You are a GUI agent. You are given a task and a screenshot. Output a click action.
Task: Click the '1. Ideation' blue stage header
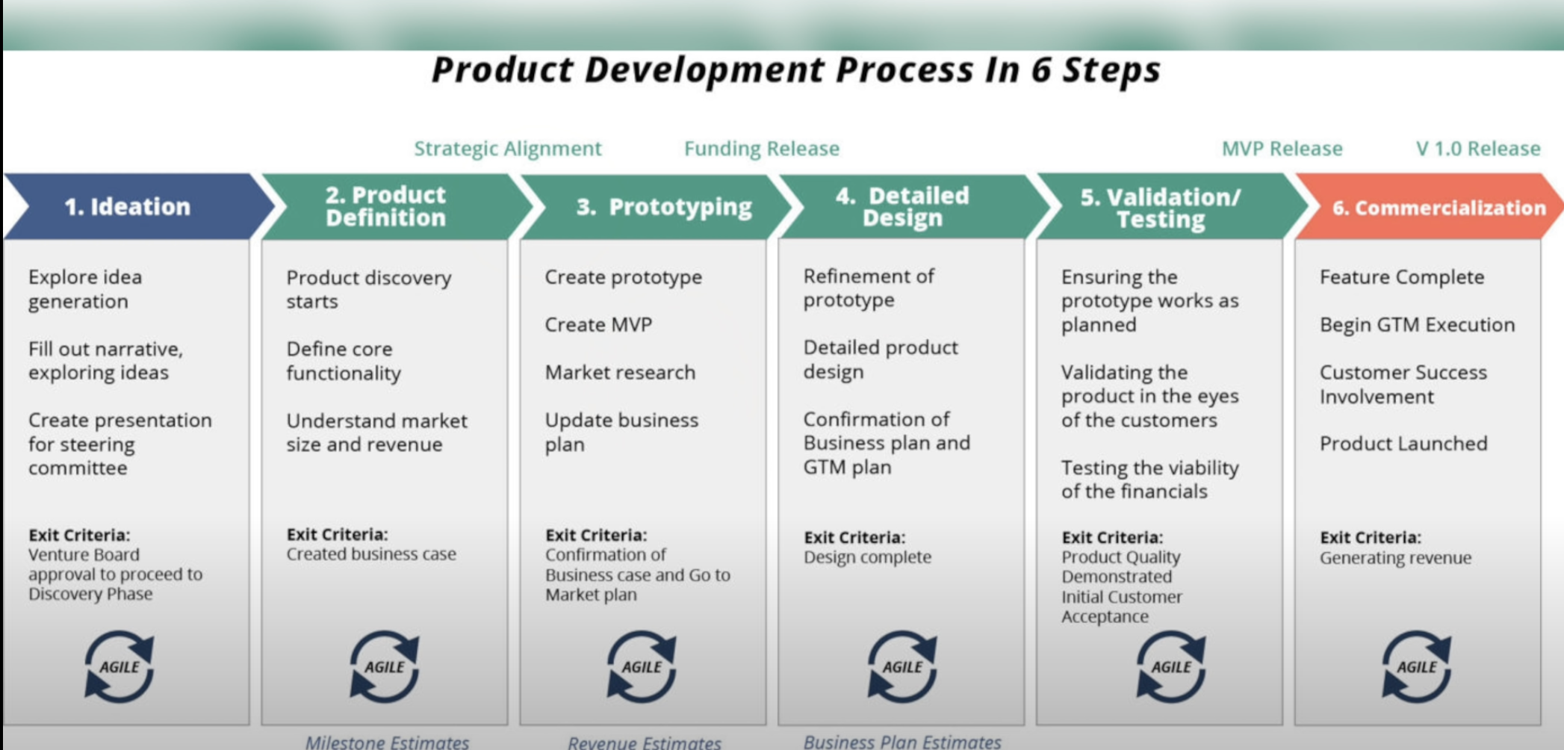[x=127, y=207]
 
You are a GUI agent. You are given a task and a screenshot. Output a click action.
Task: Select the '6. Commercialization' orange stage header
[x=1439, y=208]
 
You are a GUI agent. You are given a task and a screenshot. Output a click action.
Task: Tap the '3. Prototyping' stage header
[x=664, y=207]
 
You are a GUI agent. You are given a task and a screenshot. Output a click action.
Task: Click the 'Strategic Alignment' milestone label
[x=508, y=149]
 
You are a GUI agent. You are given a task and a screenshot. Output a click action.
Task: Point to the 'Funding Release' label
[x=762, y=149]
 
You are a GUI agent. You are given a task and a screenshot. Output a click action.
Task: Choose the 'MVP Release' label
[x=1282, y=149]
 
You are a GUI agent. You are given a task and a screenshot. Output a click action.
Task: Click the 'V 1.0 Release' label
[x=1478, y=149]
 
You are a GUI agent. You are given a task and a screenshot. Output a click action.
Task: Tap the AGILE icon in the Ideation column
[x=120, y=666]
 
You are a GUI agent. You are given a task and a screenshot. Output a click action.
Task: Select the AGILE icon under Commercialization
[x=1416, y=666]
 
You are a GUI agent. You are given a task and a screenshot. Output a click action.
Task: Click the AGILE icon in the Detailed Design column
[x=902, y=666]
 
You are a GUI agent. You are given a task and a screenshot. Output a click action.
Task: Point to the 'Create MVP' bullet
[x=598, y=325]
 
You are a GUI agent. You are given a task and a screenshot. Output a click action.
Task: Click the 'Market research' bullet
[x=620, y=372]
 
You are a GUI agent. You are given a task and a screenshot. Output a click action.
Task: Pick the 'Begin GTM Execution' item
[x=1417, y=325]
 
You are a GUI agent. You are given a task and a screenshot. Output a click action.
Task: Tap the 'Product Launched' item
[x=1403, y=444]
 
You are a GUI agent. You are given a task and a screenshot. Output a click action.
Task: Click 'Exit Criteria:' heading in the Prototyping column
[x=596, y=535]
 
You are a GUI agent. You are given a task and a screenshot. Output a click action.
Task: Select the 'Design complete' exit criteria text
[x=867, y=557]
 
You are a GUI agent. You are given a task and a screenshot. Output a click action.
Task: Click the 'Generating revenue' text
[x=1395, y=558]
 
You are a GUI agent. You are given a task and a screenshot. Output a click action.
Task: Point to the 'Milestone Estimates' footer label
[x=387, y=742]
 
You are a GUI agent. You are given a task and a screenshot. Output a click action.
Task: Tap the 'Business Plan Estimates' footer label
[x=902, y=742]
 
